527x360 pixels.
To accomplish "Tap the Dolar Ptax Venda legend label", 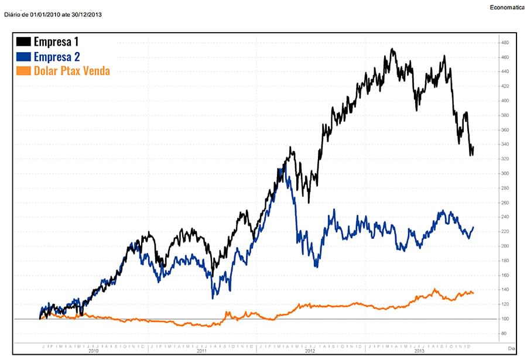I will point(72,71).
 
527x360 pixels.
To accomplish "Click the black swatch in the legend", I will point(24,42).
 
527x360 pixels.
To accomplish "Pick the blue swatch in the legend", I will point(24,56).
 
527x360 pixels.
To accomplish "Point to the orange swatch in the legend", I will point(24,71).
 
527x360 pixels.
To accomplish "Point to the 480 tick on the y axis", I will point(504,43).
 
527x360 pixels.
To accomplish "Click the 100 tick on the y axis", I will point(504,319).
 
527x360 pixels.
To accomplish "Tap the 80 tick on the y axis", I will point(504,334).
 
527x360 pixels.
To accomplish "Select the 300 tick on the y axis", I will point(504,174).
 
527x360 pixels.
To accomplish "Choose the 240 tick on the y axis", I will point(504,217).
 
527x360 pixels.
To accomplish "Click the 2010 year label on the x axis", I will point(94,351).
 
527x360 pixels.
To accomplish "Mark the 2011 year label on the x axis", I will point(202,351).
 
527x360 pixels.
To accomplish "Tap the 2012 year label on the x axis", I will point(310,351).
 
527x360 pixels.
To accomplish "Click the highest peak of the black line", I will point(392,49).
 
